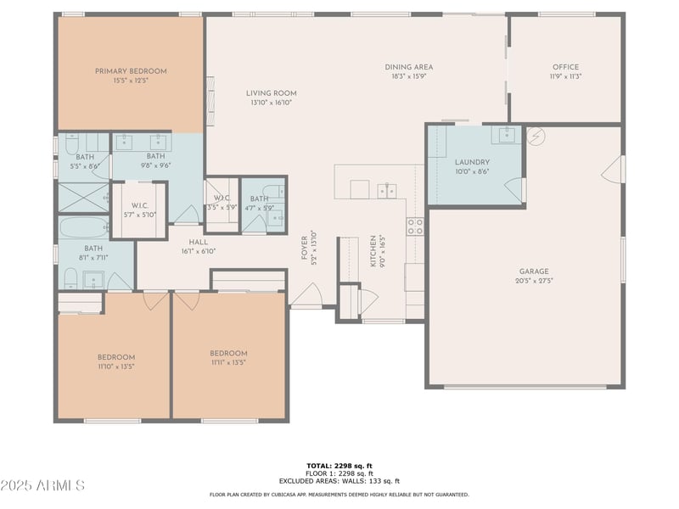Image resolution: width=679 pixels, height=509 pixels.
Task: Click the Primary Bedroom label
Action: (131, 71)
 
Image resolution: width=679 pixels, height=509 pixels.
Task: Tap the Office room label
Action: (565, 67)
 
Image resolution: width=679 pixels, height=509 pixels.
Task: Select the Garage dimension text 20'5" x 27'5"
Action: (534, 281)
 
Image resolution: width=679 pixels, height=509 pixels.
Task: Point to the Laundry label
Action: (472, 162)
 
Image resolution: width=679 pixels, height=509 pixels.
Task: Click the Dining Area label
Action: (409, 67)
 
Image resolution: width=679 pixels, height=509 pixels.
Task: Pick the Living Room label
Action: (271, 93)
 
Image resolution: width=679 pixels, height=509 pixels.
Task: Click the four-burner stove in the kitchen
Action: (415, 227)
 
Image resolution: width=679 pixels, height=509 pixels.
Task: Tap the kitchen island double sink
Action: (387, 190)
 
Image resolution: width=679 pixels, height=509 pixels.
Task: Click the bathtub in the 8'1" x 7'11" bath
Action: (83, 227)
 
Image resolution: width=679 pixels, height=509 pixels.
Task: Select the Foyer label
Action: (304, 248)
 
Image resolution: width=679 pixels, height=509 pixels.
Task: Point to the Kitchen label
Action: (373, 250)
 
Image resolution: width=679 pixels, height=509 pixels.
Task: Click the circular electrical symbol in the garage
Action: (536, 137)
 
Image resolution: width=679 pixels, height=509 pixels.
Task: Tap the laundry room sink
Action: (506, 135)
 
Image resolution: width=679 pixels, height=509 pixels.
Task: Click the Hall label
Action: (199, 242)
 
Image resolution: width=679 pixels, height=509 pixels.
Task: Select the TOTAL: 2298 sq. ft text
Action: (339, 466)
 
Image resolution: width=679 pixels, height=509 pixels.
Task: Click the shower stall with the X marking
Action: (83, 198)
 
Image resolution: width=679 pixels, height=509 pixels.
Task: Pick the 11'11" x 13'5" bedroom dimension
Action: (228, 363)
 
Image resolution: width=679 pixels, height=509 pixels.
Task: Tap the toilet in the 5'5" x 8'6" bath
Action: (71, 143)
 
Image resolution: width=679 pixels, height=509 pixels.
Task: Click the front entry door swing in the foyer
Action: (307, 294)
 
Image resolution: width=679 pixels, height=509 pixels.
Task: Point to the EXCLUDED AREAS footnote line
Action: (339, 481)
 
